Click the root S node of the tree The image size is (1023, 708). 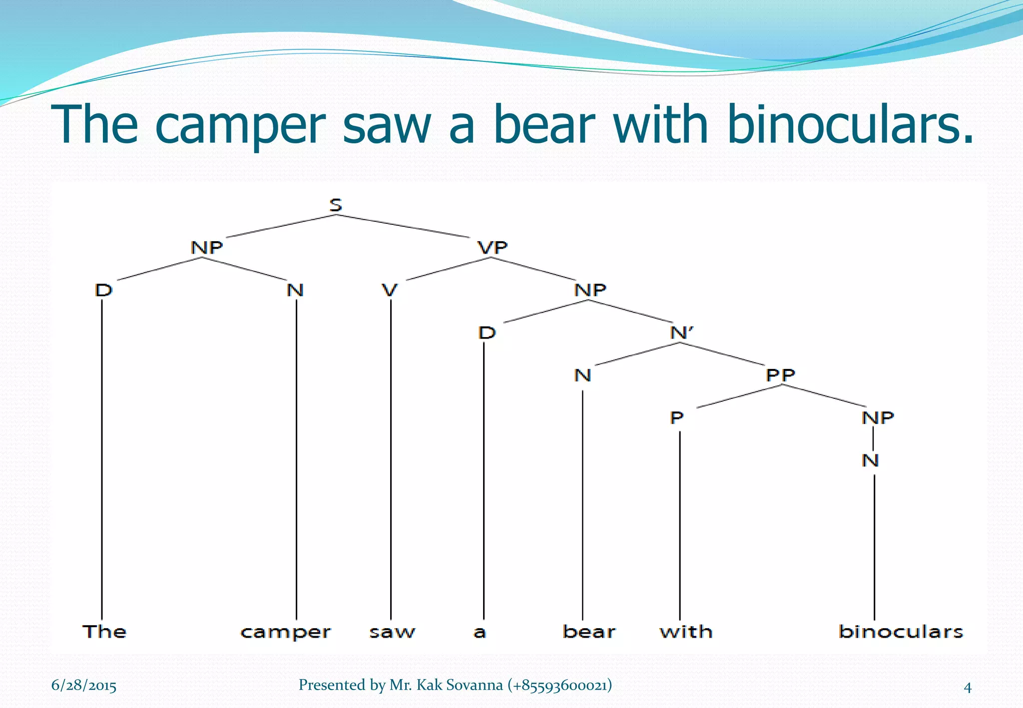336,205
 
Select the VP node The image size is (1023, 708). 493,248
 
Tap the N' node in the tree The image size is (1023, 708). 682,333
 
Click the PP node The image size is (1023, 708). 780,375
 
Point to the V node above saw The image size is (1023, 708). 390,290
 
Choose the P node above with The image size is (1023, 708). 676,417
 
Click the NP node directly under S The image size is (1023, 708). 207,248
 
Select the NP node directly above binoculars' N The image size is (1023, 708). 878,417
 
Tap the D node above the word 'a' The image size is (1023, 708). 487,333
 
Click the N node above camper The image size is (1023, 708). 295,290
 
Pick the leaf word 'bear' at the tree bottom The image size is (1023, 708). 589,632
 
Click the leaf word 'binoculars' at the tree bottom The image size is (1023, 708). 901,632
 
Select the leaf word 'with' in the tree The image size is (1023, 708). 686,632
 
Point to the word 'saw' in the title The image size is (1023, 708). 387,125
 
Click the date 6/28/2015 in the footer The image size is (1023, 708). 84,686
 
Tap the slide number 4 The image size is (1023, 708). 967,688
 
